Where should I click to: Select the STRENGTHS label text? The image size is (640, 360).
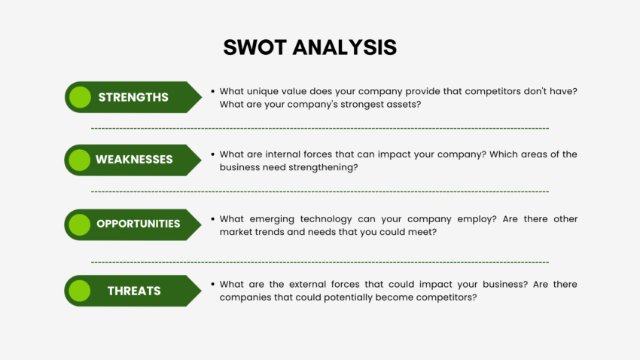[133, 97]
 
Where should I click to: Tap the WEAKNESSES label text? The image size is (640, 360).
[134, 160]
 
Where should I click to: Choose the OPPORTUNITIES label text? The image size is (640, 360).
[138, 224]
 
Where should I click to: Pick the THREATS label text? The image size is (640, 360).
[133, 291]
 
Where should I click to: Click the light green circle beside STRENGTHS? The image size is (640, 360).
[79, 97]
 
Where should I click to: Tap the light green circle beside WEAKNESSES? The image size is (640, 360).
[79, 160]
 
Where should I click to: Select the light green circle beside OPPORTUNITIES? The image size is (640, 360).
[79, 224]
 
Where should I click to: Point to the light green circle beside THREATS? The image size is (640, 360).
[79, 291]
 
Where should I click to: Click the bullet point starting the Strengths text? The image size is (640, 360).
[212, 91]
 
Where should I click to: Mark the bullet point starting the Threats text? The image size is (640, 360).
[212, 285]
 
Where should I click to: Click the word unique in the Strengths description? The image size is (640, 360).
[267, 91]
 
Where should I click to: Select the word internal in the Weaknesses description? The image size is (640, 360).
[289, 154]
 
